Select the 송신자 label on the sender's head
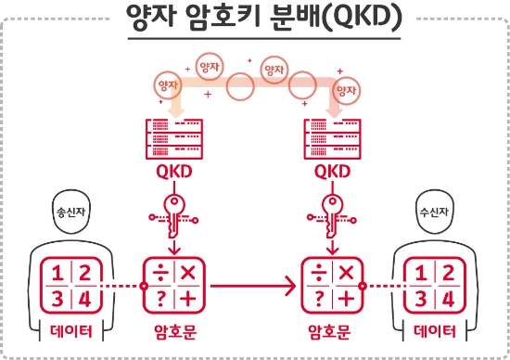tap(61, 210)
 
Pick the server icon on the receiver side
tap(333, 139)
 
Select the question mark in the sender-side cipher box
tap(159, 298)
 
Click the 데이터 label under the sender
tap(70, 331)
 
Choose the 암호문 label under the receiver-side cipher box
tap(332, 331)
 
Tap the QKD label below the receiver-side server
tap(333, 173)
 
